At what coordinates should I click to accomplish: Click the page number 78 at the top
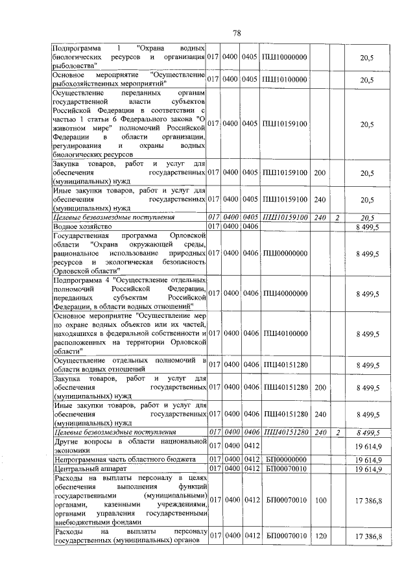(237, 34)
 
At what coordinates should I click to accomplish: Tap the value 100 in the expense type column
(320, 500)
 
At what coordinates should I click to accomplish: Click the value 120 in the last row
(320, 536)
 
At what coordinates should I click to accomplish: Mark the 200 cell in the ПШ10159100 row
(320, 173)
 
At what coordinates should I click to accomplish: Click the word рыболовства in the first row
(75, 66)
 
